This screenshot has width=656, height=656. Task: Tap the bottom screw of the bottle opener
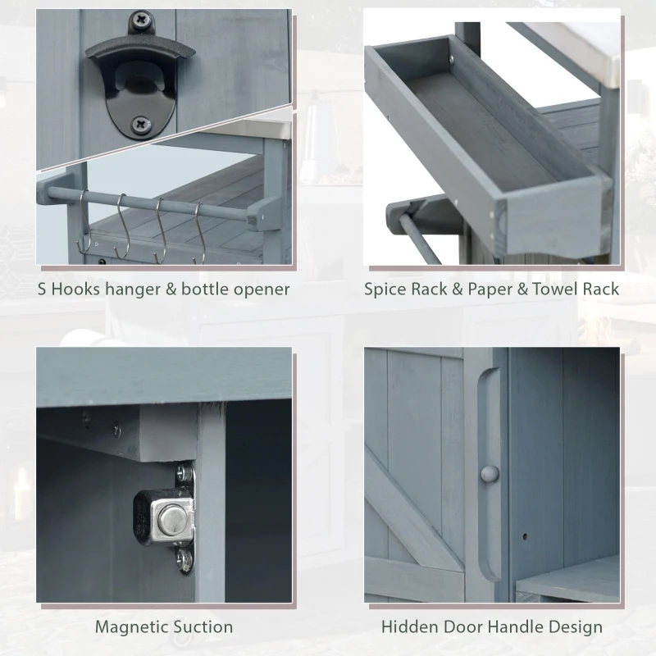click(x=142, y=125)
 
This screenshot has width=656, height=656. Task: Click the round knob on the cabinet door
click(x=489, y=474)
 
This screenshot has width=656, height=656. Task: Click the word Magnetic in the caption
click(x=131, y=627)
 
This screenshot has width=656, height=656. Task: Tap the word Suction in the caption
click(x=203, y=627)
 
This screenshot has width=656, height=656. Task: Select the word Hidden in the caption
click(x=408, y=627)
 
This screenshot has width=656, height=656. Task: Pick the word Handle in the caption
click(x=516, y=627)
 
